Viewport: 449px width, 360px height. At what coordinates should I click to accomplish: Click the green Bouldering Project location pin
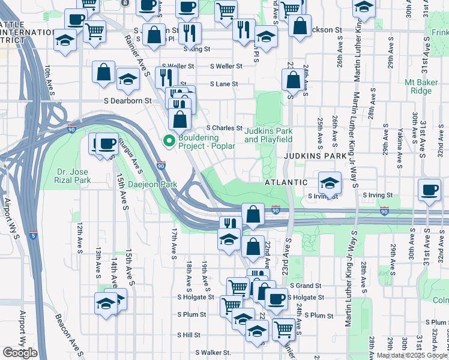pyautogui.click(x=169, y=142)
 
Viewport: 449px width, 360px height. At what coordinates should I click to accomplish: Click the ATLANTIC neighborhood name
pyautogui.click(x=286, y=182)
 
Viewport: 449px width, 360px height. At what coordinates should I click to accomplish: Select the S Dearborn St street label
pyautogui.click(x=128, y=101)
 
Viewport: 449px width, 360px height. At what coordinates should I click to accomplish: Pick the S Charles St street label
pyautogui.click(x=224, y=128)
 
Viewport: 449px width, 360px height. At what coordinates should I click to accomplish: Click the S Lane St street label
pyautogui.click(x=223, y=84)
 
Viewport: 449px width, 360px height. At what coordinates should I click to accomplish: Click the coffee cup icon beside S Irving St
pyautogui.click(x=430, y=190)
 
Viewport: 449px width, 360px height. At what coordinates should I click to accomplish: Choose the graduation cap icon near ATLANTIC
pyautogui.click(x=330, y=181)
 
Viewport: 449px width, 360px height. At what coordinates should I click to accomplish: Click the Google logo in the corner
pyautogui.click(x=20, y=353)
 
